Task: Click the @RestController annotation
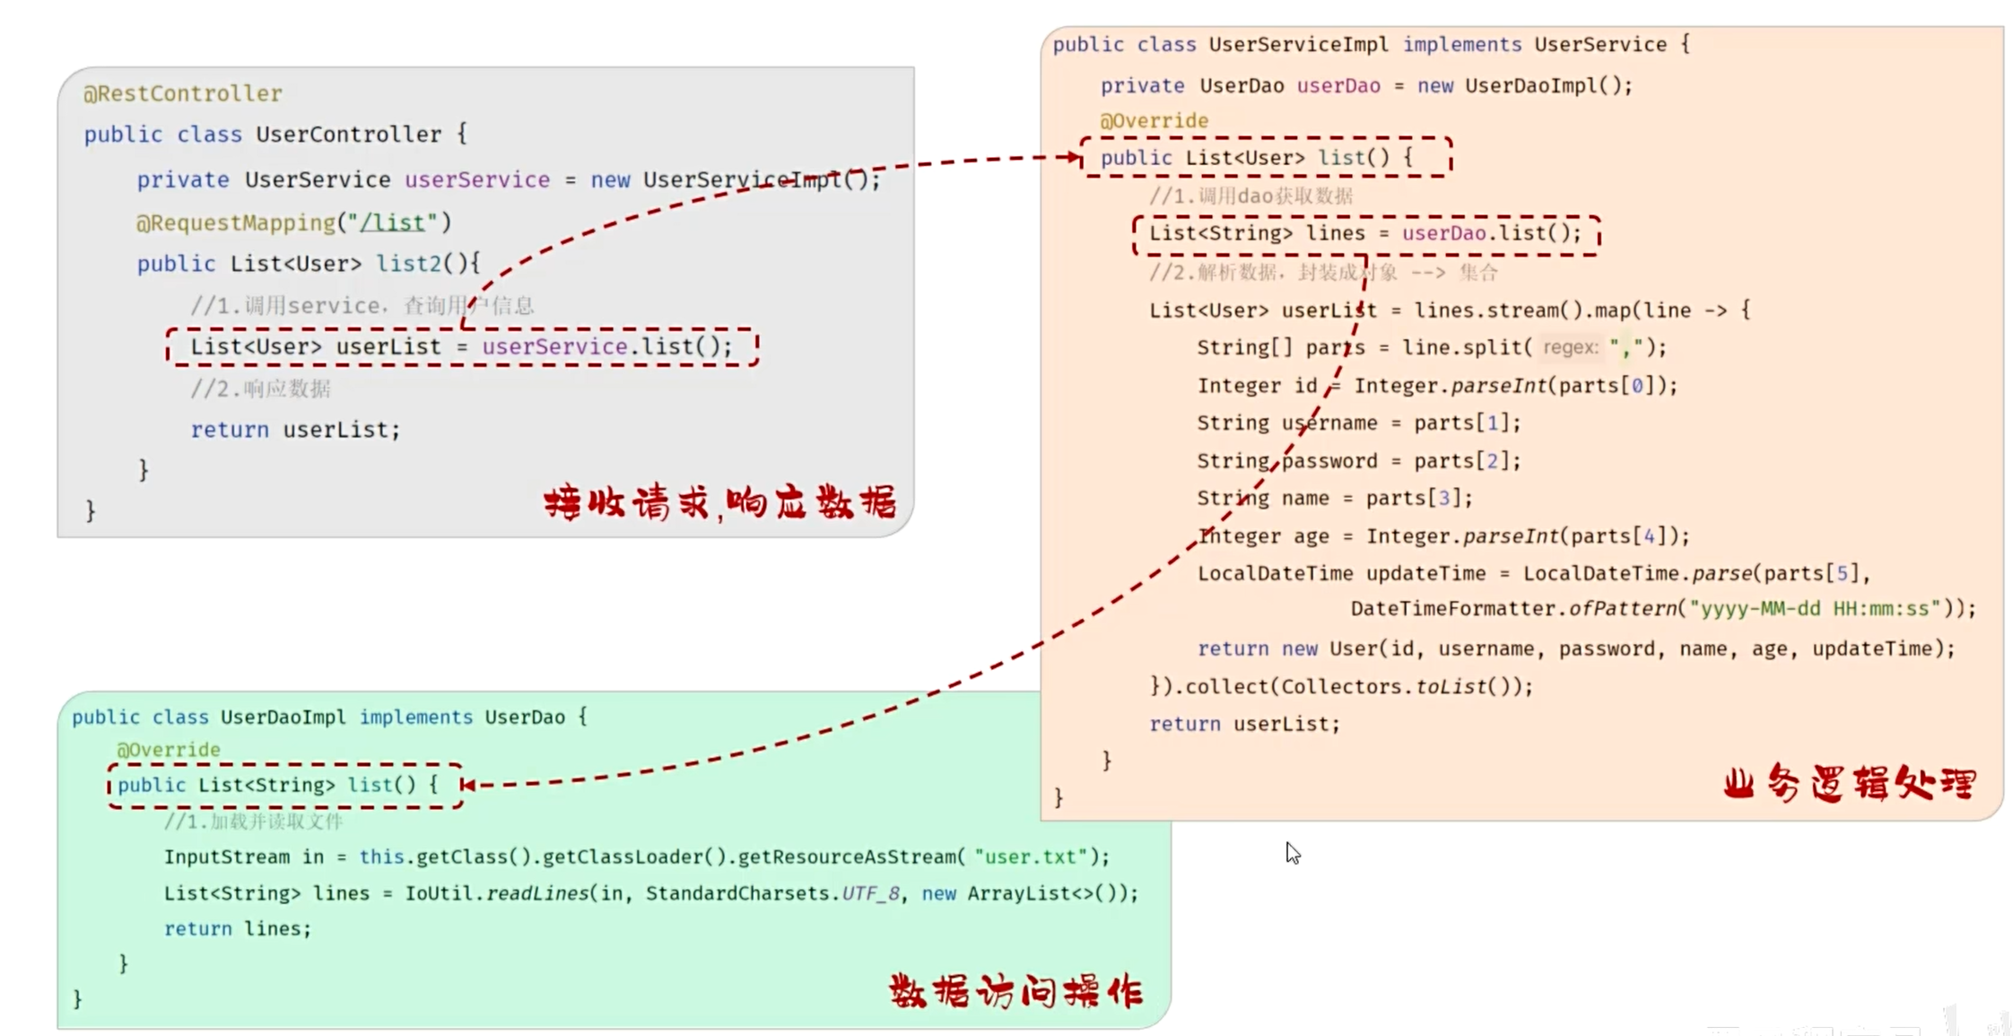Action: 183,93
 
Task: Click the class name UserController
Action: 348,135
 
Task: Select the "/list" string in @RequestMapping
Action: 392,222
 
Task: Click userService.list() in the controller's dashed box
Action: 606,347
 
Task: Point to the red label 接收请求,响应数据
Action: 719,503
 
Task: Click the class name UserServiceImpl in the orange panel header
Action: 1297,45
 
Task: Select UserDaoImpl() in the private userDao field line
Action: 1548,86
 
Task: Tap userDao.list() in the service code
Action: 1491,234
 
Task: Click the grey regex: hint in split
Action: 1570,348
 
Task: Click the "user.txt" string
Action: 1032,857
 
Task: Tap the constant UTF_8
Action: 870,893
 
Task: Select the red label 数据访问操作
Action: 1015,992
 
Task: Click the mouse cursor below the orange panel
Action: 1292,852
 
